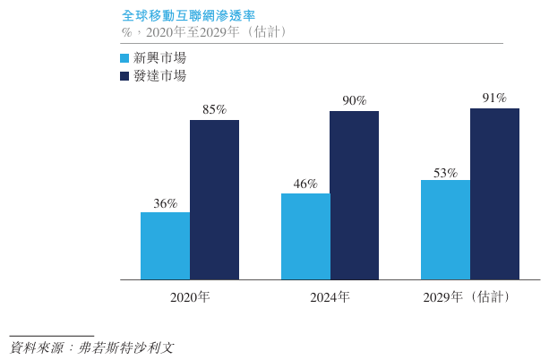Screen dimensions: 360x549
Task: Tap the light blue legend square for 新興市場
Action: (124, 57)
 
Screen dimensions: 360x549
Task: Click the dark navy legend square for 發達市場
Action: (124, 76)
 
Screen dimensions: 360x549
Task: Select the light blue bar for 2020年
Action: (165, 246)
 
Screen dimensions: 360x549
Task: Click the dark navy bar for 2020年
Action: (214, 200)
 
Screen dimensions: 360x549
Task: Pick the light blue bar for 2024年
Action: (305, 236)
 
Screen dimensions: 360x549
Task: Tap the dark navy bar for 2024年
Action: (354, 195)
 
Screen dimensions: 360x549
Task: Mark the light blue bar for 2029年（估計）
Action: (445, 230)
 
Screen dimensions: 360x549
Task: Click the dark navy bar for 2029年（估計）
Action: (494, 194)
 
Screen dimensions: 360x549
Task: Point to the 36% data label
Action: (165, 203)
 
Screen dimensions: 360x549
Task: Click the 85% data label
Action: (214, 110)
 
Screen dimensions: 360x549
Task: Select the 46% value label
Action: (305, 184)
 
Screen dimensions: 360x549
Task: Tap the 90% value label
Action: (354, 100)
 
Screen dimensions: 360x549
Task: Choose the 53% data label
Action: (445, 172)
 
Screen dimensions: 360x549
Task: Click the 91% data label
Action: (494, 98)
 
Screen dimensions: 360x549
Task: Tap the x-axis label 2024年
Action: (330, 296)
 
